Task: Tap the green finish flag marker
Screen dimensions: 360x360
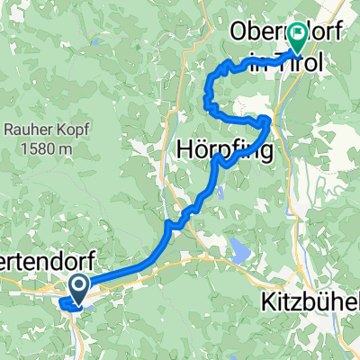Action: coord(298,40)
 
